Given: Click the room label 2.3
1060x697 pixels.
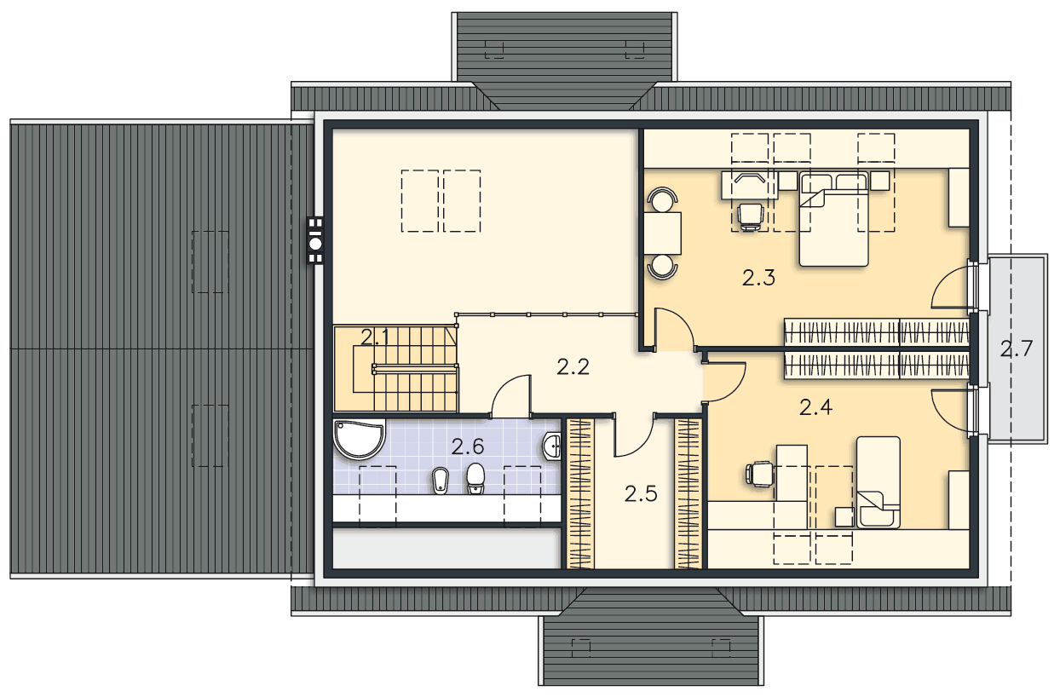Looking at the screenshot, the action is click(x=758, y=279).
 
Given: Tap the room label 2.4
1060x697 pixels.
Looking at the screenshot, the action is click(x=815, y=407).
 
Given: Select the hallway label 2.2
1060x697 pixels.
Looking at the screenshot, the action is click(x=573, y=367).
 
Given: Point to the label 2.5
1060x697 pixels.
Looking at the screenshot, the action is click(x=642, y=494).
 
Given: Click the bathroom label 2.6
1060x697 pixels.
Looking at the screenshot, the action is click(x=468, y=446).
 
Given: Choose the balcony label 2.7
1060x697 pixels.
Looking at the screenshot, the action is click(x=1017, y=348).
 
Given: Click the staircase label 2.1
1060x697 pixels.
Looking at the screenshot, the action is click(x=375, y=337).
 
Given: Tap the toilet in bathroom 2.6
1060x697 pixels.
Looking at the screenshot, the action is click(x=475, y=478).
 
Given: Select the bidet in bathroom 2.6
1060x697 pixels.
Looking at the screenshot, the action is click(x=440, y=481).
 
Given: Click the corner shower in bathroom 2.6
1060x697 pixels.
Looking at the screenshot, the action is click(x=359, y=439).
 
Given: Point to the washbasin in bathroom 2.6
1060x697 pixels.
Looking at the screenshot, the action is click(x=552, y=446).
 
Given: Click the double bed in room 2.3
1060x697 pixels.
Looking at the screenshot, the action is click(x=834, y=219).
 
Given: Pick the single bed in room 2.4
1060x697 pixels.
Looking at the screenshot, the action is click(x=879, y=481).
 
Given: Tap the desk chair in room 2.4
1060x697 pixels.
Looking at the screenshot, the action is click(x=759, y=474).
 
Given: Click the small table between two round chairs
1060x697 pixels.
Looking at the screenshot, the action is click(x=663, y=233).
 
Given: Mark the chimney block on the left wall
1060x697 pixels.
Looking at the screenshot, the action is click(x=315, y=240).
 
